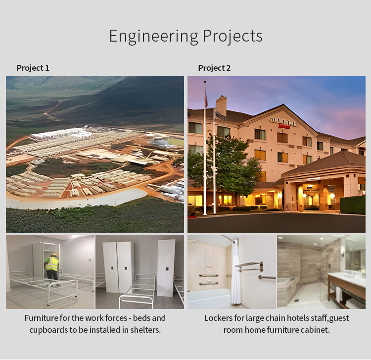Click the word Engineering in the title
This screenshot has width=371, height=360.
(x=153, y=36)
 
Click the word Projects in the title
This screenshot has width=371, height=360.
(x=232, y=36)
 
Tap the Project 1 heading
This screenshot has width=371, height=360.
(x=33, y=68)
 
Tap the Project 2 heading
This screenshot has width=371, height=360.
(x=214, y=68)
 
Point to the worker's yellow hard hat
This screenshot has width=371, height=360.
(x=54, y=255)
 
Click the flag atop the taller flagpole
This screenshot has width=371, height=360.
(x=206, y=98)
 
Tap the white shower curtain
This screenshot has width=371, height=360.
(x=235, y=272)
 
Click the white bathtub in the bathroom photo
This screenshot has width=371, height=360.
(x=209, y=299)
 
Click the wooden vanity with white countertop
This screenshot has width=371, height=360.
(x=347, y=289)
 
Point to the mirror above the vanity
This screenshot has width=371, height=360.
(x=355, y=256)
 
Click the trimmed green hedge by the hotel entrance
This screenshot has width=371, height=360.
(x=353, y=205)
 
